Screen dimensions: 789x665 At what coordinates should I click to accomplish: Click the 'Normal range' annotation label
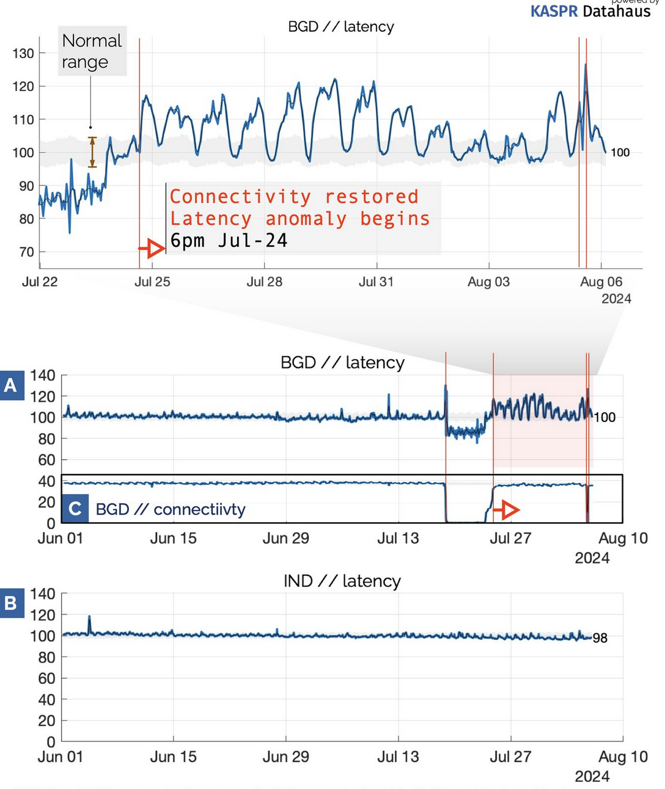click(x=92, y=51)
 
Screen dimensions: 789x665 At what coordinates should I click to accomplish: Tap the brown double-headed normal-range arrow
click(x=92, y=151)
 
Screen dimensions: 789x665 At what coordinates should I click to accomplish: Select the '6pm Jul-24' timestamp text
click(x=229, y=241)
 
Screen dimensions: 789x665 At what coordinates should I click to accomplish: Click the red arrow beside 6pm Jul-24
click(x=152, y=248)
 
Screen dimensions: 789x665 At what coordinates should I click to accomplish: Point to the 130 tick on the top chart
click(x=23, y=53)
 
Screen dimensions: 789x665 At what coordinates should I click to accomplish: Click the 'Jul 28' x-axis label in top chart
click(x=264, y=282)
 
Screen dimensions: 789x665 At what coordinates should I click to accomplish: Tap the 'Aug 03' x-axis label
click(x=488, y=282)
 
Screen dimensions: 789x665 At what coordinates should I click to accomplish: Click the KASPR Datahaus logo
click(x=590, y=10)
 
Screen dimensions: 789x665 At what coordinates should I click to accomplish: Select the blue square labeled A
click(x=10, y=385)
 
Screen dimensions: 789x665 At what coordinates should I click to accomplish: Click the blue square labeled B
click(x=10, y=603)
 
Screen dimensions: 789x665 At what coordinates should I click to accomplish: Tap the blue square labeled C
click(x=75, y=509)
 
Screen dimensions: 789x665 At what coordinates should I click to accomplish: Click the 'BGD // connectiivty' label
click(x=171, y=509)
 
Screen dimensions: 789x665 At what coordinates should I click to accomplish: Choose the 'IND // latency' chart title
click(x=342, y=581)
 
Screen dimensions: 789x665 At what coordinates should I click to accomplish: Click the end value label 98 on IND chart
click(x=600, y=638)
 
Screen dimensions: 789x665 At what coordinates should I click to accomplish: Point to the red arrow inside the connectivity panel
click(x=507, y=509)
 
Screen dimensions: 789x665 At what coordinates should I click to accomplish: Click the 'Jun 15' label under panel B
click(x=173, y=757)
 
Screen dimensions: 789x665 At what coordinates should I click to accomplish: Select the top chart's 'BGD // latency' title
click(x=341, y=27)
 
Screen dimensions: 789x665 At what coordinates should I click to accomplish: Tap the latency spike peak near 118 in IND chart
click(x=89, y=617)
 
